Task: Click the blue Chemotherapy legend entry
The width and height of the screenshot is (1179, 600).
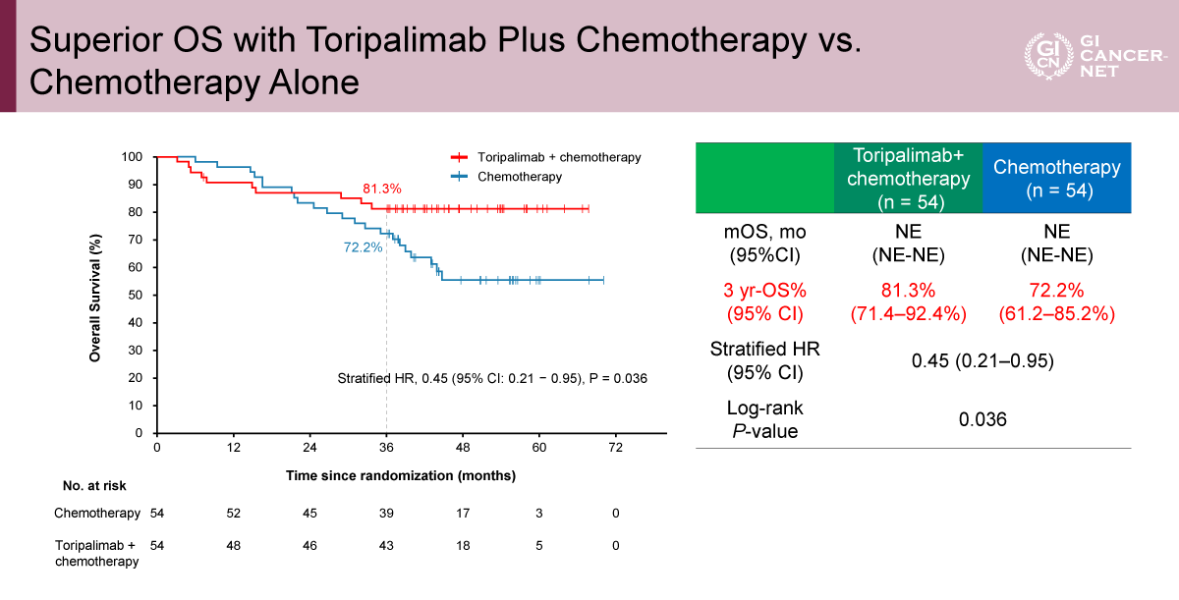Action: click(x=520, y=177)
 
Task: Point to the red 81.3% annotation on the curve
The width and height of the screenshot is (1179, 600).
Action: click(x=382, y=189)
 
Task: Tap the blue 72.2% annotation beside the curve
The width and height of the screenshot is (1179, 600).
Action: click(x=363, y=247)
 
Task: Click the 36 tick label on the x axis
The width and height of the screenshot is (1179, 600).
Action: click(x=386, y=448)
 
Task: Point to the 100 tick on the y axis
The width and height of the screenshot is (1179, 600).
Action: click(x=132, y=157)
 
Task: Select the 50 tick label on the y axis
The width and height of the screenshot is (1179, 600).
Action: click(x=136, y=295)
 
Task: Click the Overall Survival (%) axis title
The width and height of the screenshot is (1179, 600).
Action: click(x=95, y=298)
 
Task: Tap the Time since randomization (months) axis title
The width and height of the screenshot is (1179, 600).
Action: click(x=401, y=475)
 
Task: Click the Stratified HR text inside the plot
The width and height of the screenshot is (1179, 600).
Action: click(x=492, y=379)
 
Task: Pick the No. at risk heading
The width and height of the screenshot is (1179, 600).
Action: click(x=94, y=485)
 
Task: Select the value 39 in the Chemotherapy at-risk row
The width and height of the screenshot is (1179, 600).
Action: click(x=386, y=514)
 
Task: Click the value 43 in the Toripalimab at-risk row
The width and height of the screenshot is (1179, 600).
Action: click(x=386, y=546)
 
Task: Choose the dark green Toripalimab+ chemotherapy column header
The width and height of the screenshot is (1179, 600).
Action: click(x=909, y=178)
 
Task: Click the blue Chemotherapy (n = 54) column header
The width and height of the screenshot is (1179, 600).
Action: click(x=1056, y=178)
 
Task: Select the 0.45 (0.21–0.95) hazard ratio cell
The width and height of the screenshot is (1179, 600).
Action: click(x=982, y=360)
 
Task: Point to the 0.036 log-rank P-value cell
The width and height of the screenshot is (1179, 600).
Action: click(x=982, y=419)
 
